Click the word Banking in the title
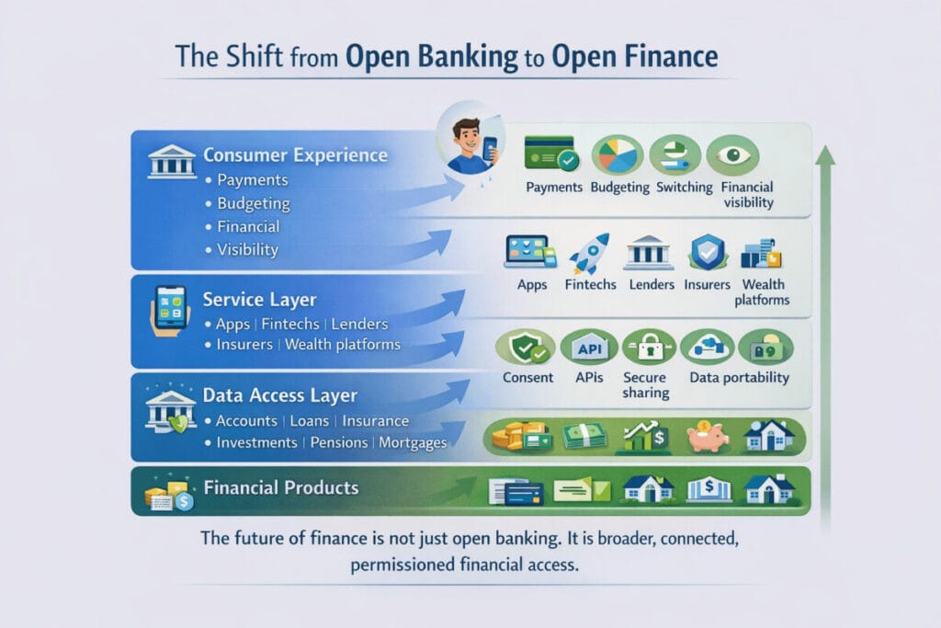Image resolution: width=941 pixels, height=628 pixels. [468, 57]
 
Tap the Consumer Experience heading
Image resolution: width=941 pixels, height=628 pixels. [295, 154]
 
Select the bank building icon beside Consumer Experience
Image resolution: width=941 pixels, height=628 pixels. [172, 161]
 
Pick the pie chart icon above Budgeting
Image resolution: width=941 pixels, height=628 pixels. [617, 155]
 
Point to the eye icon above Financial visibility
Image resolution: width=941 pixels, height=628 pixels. [732, 155]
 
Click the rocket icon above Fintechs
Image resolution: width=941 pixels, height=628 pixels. [589, 254]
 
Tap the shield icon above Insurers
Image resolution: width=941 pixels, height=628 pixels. [709, 252]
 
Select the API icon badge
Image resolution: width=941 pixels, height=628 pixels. [589, 348]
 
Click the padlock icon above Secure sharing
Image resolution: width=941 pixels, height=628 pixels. [649, 348]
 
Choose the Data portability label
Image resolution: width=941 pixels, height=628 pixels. [740, 378]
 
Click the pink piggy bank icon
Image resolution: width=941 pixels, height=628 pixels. [708, 436]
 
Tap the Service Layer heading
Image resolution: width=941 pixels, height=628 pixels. [259, 300]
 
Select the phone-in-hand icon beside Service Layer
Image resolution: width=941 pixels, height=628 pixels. [170, 311]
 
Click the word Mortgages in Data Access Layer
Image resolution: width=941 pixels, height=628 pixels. [413, 443]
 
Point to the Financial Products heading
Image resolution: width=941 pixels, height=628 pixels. [281, 487]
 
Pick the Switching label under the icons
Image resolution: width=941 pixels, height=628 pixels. [684, 188]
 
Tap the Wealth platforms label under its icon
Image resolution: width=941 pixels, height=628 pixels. [762, 291]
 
